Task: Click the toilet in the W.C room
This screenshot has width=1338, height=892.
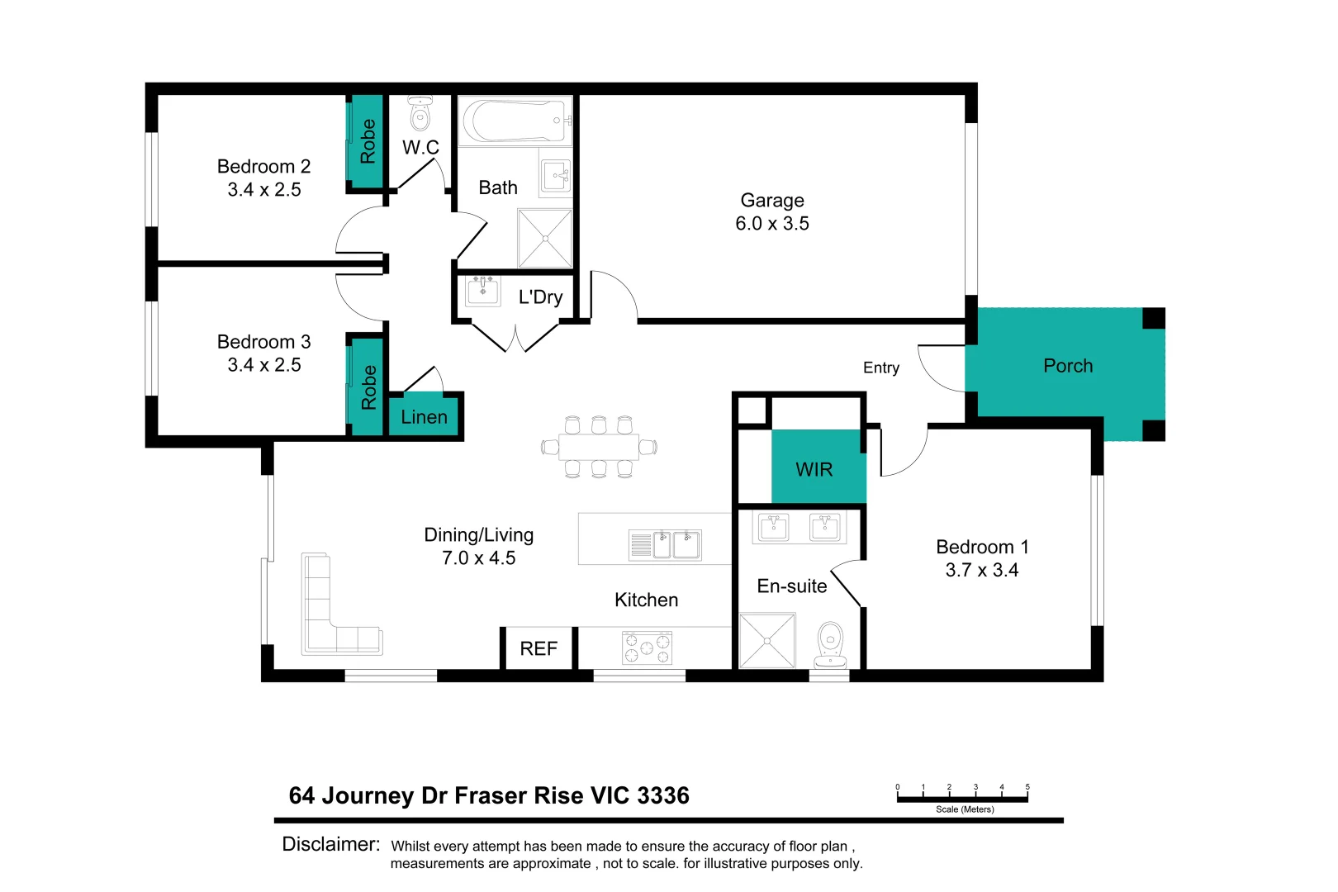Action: [420, 114]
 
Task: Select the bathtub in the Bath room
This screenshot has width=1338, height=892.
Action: [514, 121]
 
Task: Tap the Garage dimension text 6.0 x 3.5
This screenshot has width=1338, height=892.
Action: [771, 224]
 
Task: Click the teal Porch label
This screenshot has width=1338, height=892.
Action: [1067, 366]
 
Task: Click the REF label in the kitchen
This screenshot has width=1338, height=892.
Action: [539, 649]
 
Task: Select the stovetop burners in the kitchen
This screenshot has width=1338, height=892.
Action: [647, 648]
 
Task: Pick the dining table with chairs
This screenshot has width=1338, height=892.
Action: [599, 447]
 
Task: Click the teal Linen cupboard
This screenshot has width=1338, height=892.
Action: [425, 417]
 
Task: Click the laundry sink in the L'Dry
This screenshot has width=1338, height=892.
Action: [483, 291]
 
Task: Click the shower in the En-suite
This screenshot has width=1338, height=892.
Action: [767, 640]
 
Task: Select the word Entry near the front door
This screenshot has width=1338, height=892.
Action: [880, 368]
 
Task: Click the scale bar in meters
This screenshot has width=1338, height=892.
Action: [962, 798]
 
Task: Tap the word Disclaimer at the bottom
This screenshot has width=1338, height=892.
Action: [330, 844]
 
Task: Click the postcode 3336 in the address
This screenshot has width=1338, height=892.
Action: [663, 795]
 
